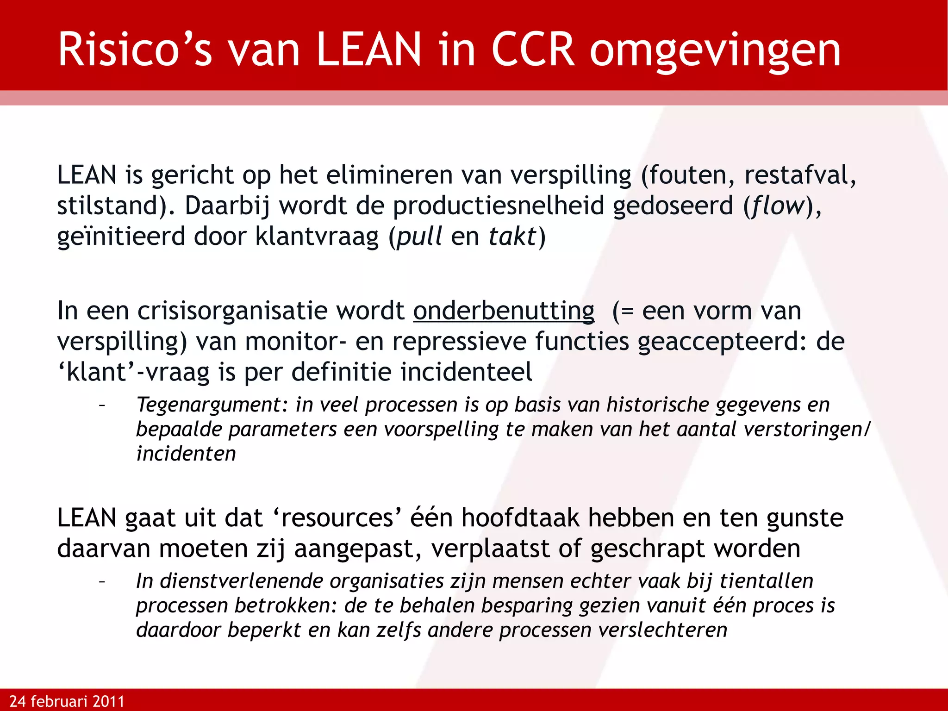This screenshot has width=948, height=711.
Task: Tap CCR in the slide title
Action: pos(533,50)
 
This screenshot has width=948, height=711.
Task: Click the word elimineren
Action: pos(389,175)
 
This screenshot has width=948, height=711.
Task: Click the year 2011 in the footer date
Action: pos(108,701)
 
